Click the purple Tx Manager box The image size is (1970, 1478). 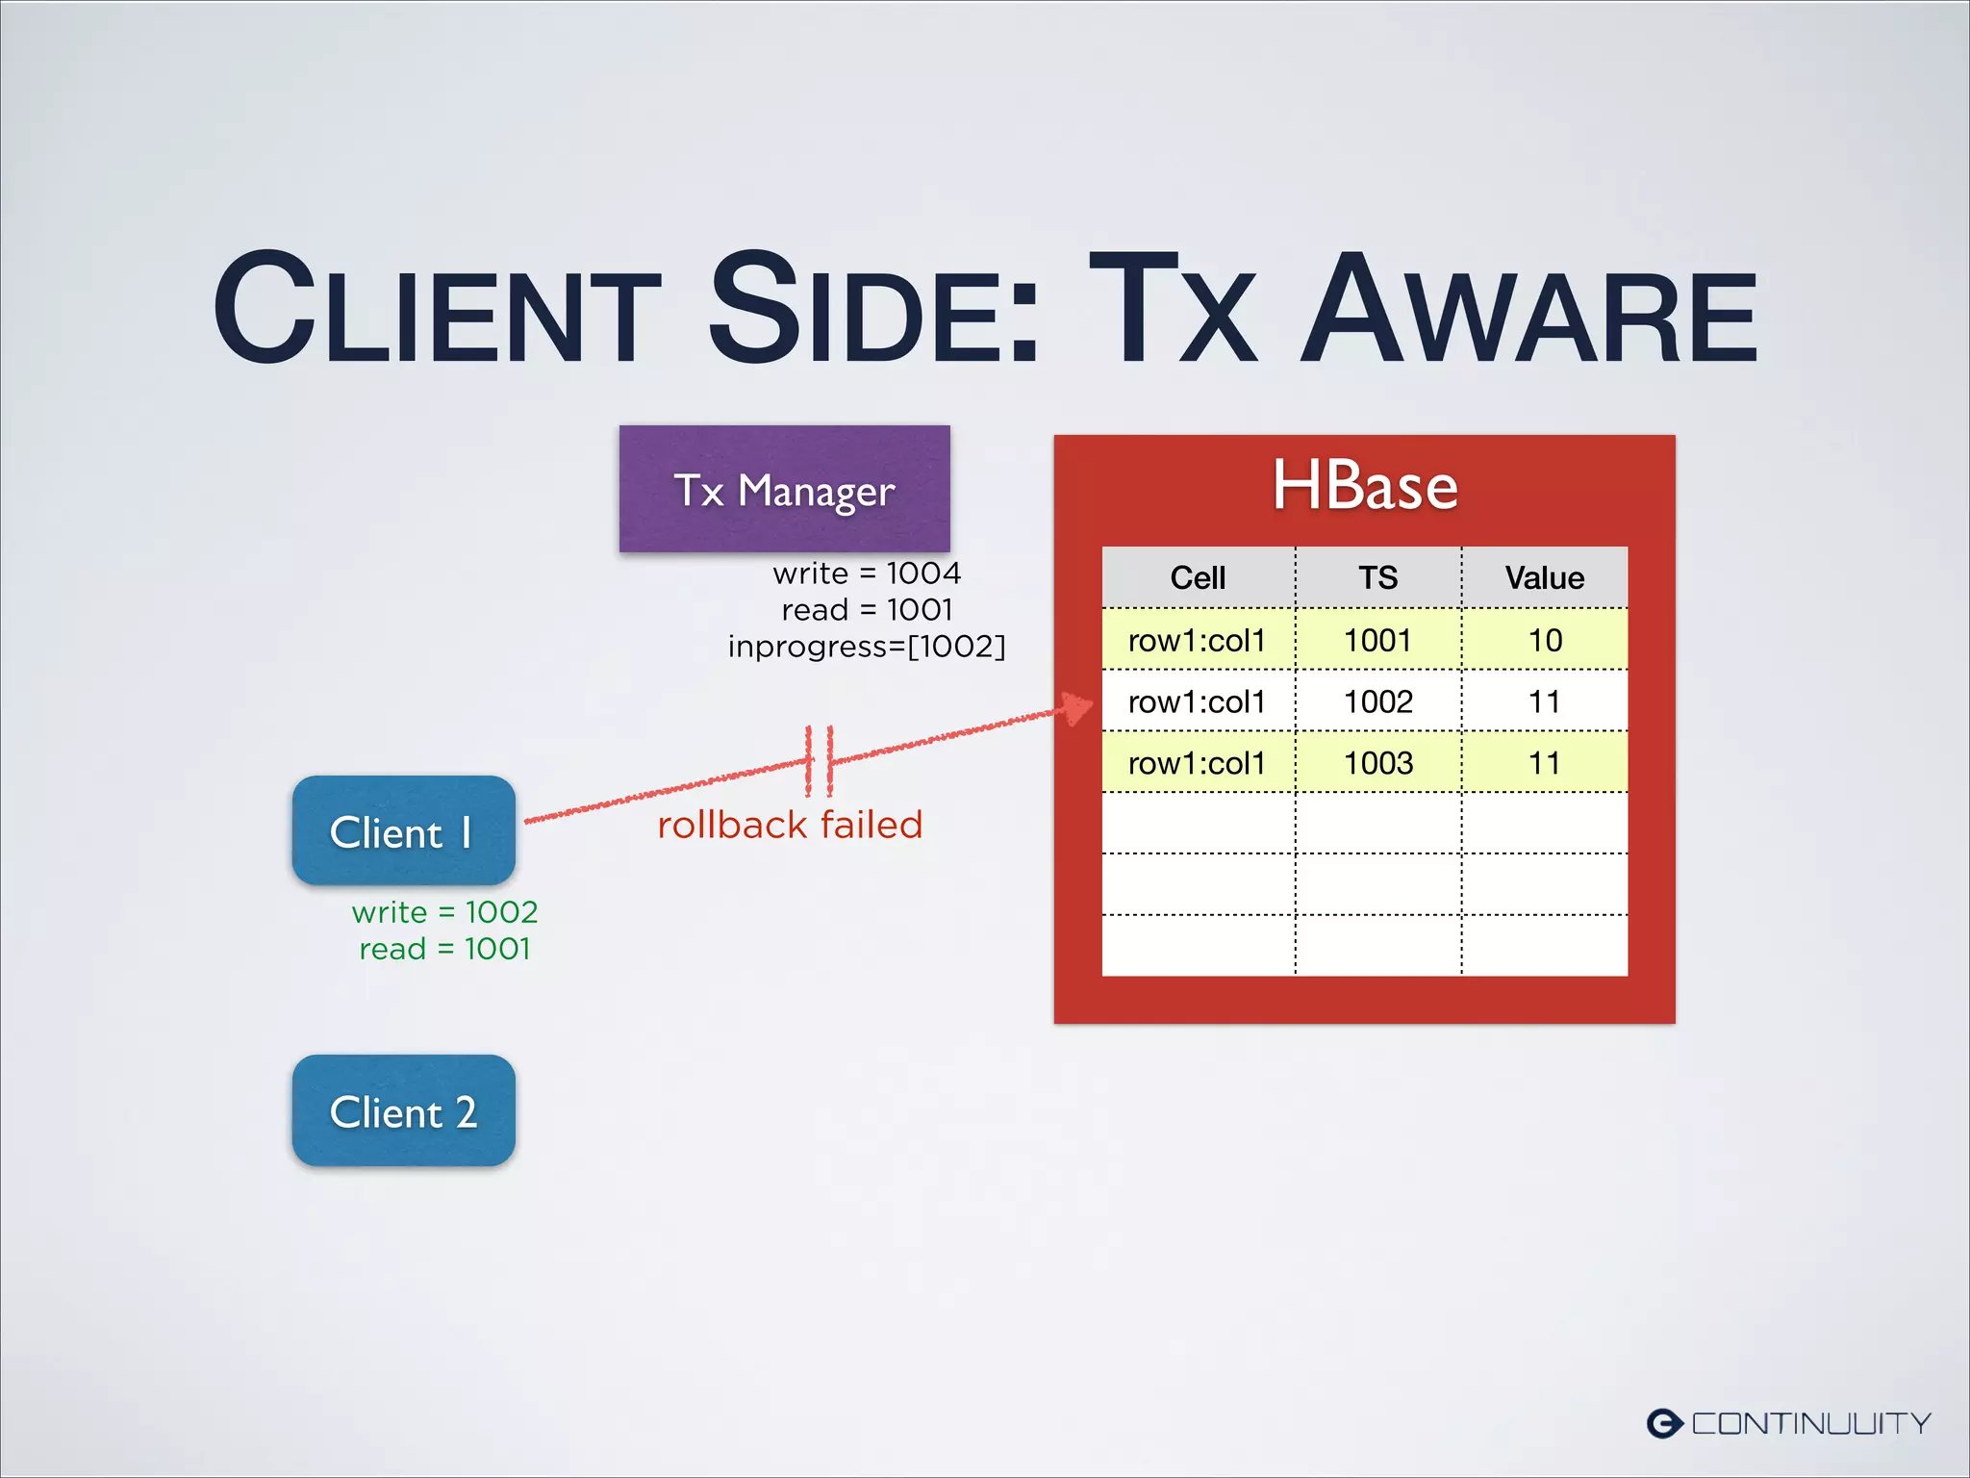(784, 489)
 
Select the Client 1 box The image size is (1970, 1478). (403, 831)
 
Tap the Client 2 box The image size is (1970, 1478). (403, 1110)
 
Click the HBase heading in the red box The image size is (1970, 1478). (1364, 486)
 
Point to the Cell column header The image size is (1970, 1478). (1198, 577)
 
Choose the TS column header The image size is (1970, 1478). (1377, 577)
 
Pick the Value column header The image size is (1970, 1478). (1544, 577)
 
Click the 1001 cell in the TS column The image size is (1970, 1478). (1377, 640)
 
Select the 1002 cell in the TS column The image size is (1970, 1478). (1377, 701)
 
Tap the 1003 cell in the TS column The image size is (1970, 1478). (1377, 763)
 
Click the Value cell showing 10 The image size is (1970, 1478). (1545, 640)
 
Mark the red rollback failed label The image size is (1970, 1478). (790, 825)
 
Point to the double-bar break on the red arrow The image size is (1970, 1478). (819, 760)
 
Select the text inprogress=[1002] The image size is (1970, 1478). (866, 647)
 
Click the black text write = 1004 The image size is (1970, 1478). (866, 573)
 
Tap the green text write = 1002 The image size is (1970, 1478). (444, 912)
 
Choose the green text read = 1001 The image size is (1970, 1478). (444, 949)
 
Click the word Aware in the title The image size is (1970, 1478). (1529, 310)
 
